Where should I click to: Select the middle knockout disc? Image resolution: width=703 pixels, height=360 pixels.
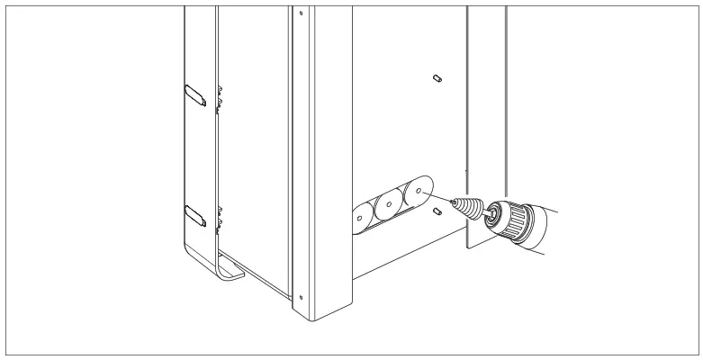(x=387, y=205)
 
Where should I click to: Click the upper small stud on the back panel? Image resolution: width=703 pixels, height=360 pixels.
(x=435, y=77)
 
